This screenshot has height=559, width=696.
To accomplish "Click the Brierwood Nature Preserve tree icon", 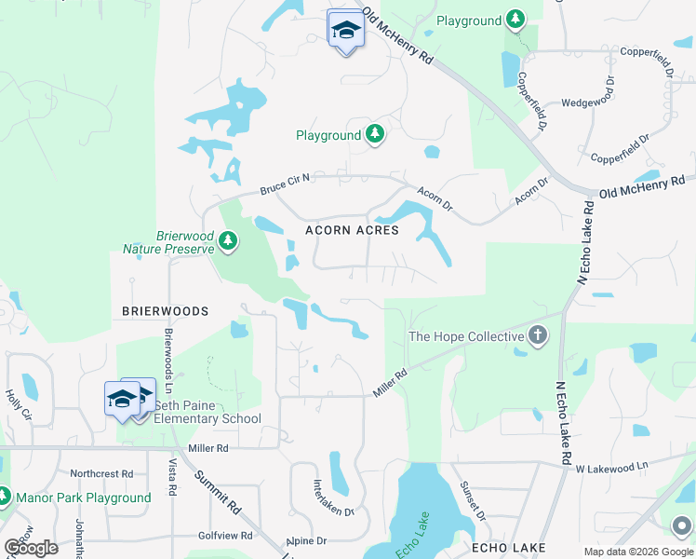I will pyautogui.click(x=228, y=242).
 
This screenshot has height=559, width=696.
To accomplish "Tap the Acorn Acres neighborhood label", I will pyautogui.click(x=353, y=230).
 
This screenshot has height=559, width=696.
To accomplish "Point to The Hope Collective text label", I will pyautogui.click(x=467, y=336).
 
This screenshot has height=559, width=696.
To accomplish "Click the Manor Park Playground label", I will pyautogui.click(x=83, y=498).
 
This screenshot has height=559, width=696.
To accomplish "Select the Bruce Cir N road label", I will pyautogui.click(x=284, y=183).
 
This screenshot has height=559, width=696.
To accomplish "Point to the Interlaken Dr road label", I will pyautogui.click(x=333, y=498).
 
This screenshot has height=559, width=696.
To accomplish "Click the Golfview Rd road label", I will pyautogui.click(x=225, y=536).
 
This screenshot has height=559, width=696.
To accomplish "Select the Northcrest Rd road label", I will pyautogui.click(x=108, y=473).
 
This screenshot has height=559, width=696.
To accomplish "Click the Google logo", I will pyautogui.click(x=31, y=548).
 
